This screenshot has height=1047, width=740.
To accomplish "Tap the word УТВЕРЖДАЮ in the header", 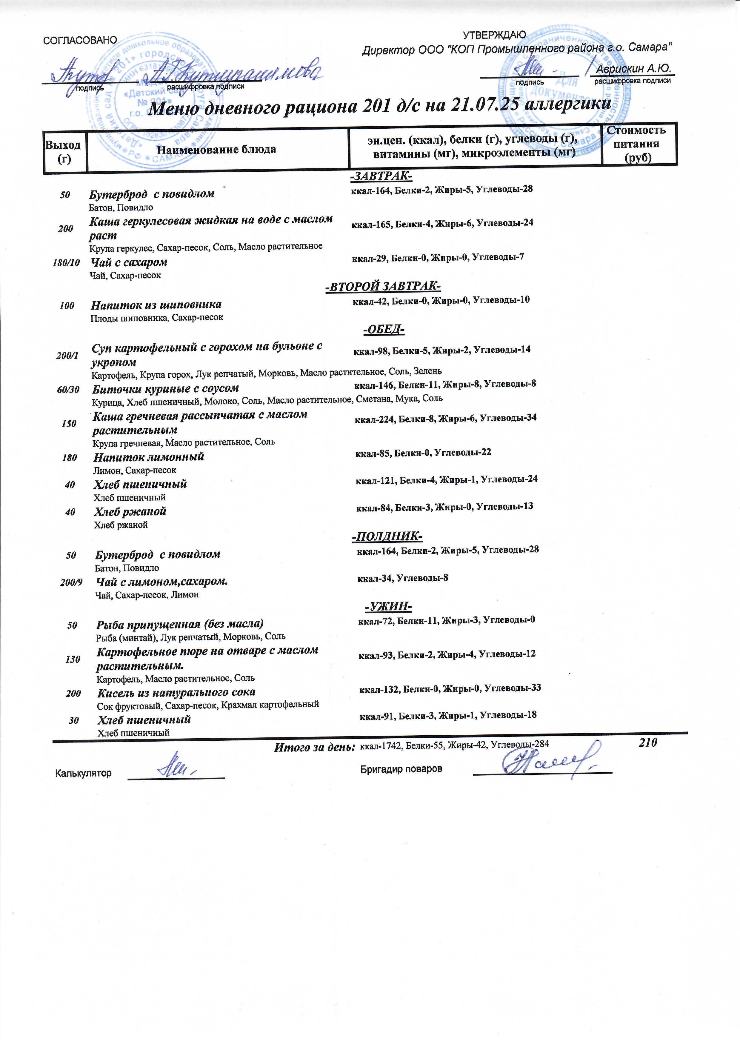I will pos(494,35).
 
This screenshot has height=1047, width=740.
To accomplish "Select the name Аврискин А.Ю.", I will pos(634,69).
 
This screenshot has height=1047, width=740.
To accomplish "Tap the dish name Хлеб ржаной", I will pos(130,512).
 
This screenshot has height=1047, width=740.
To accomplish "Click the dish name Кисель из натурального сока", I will pos(176,692).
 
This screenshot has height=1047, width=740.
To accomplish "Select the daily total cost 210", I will pos(648,742).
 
